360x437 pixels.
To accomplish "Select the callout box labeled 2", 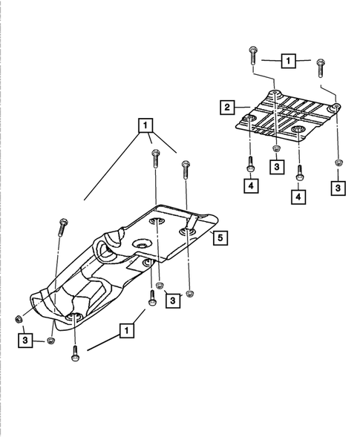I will pos(225,108).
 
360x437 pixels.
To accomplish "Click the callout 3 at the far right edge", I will pos(338,188).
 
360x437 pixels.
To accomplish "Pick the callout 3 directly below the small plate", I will pos(276,168).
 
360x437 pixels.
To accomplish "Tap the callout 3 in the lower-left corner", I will pos(25,341).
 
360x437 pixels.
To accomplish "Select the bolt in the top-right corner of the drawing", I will pos(320,67).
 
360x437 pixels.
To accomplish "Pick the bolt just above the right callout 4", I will pos(299,172).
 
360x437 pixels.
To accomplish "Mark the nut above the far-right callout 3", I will pos(338,162).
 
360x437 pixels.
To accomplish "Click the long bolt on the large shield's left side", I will pos(62,226).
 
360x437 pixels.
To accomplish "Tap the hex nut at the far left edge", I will pos(18,320).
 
